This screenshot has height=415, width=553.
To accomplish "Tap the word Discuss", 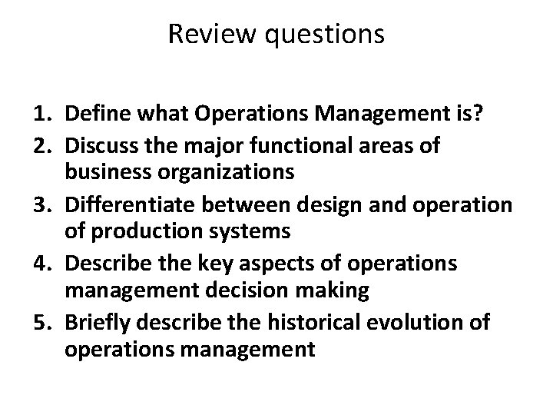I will (99, 146).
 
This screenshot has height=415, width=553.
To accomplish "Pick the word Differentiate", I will (126, 206).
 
